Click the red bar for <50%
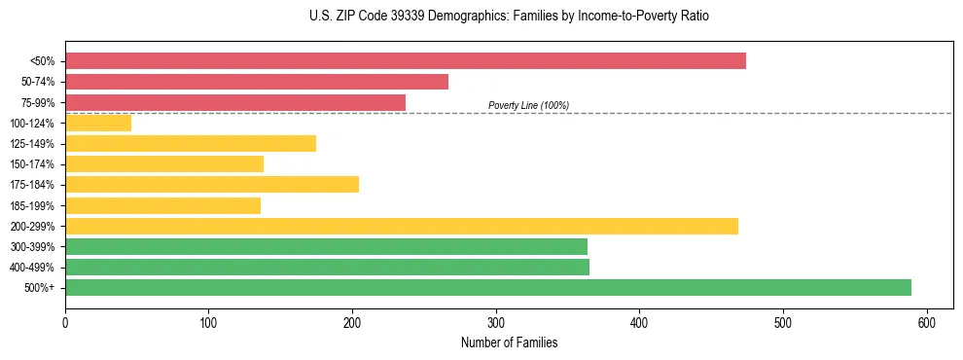(x=406, y=60)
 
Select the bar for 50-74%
(x=257, y=82)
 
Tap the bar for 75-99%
(x=235, y=102)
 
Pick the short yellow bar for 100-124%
(x=98, y=123)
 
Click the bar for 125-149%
(x=191, y=143)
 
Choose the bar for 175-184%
(x=212, y=184)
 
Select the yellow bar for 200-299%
(x=402, y=226)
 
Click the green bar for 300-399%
(x=326, y=246)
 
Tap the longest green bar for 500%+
(x=488, y=287)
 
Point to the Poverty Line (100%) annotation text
(x=528, y=105)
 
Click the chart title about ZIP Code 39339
(x=510, y=17)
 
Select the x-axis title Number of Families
(x=510, y=342)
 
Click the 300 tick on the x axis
(x=496, y=322)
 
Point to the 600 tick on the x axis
(x=927, y=322)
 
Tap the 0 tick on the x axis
(x=65, y=322)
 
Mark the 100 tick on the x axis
(x=208, y=322)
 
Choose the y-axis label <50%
(x=42, y=61)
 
